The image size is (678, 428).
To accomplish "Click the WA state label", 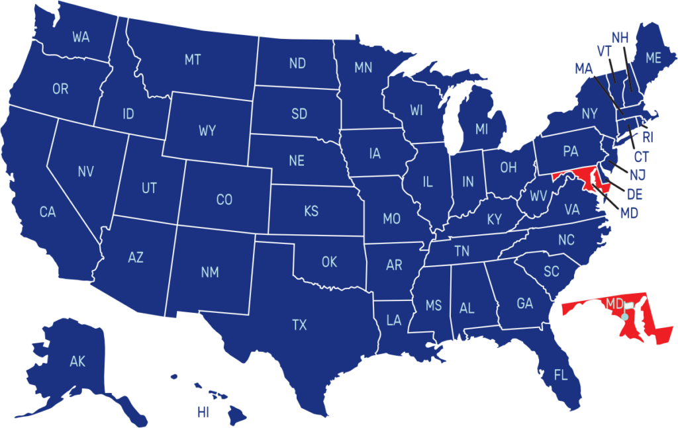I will pos(81,38).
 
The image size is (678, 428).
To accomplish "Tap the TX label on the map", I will pos(299,325).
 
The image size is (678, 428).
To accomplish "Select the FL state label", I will pos(561,376).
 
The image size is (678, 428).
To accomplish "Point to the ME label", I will pos(654,58).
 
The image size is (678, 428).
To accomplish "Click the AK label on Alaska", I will pos(77,362).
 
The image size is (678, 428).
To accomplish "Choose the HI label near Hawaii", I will pos(203,413).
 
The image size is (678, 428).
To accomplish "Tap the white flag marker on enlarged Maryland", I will pos(628,306).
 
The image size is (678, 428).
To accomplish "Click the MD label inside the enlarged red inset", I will pos(614,304).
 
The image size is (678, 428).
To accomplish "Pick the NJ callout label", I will pos(638,175).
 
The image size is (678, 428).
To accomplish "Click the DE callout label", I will pos(634,194).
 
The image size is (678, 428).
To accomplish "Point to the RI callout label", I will pos(648,138).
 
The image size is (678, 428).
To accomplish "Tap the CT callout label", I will pos(642,157).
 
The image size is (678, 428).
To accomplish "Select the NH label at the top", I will pos(620,38).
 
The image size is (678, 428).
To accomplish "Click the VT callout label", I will pos(604,52).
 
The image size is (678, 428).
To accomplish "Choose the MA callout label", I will pos(584,68).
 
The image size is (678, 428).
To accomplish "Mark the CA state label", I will pos(48,212).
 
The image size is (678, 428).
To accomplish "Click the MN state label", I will pos(363,67).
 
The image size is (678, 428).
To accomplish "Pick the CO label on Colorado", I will pos(224,200).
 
